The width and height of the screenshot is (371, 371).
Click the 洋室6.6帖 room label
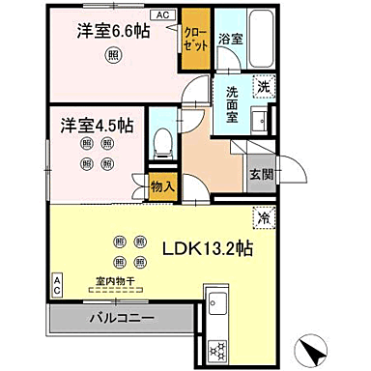[x=114, y=32]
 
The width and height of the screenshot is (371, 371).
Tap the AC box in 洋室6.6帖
[x=163, y=14]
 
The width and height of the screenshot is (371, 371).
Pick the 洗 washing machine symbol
[x=263, y=85]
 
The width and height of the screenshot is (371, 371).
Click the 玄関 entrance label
[x=262, y=175]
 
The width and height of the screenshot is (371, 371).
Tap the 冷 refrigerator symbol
[x=262, y=216]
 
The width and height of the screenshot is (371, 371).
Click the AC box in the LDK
[x=55, y=284]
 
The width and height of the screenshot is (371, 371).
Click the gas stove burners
[x=217, y=348]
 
